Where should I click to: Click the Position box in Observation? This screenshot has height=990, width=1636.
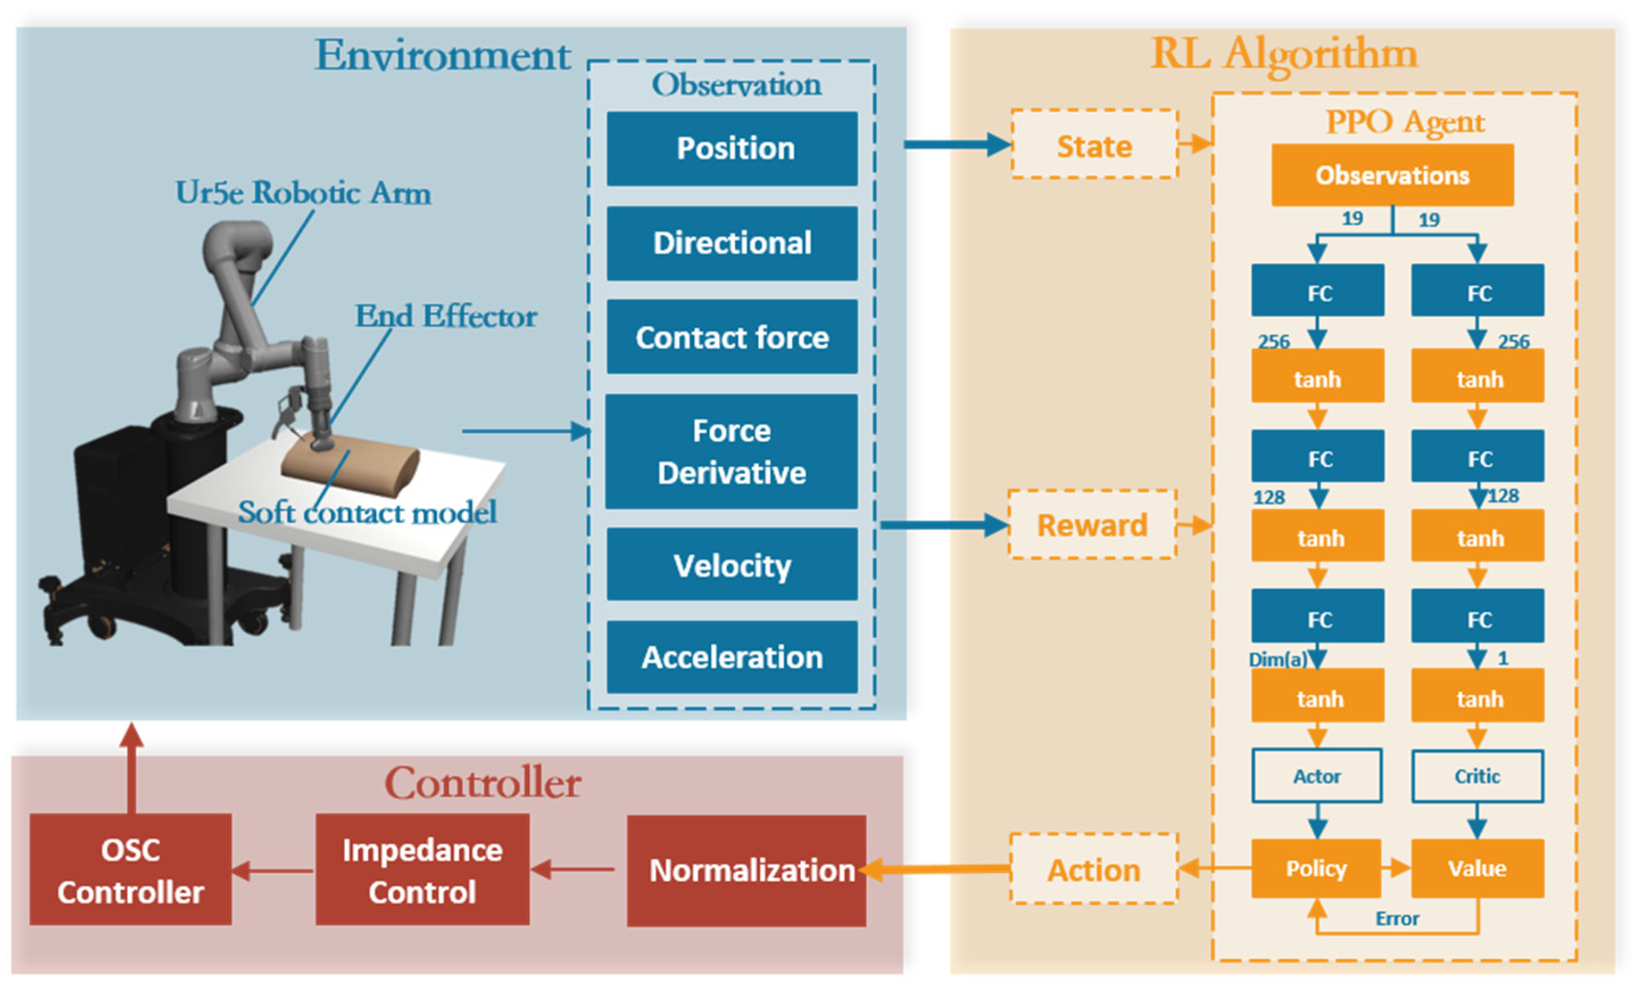[732, 148]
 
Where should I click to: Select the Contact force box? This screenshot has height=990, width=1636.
[732, 337]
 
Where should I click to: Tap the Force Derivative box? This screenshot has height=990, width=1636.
[732, 452]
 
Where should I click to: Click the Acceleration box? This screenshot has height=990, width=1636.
[732, 657]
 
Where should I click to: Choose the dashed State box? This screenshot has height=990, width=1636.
[1094, 145]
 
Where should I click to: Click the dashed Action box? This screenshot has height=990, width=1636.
[1094, 869]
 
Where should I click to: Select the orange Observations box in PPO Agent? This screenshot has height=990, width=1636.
[1392, 175]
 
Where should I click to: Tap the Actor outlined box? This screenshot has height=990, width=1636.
[1317, 776]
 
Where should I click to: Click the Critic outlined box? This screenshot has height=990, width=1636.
[1477, 776]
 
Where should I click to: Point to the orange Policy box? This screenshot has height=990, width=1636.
[1316, 868]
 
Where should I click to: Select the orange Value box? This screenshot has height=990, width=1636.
[1477, 868]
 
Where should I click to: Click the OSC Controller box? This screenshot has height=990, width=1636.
[130, 870]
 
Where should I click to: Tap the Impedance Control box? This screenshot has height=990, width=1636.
[422, 870]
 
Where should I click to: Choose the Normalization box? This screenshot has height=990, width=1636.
[746, 871]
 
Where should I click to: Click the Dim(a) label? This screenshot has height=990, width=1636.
[1277, 660]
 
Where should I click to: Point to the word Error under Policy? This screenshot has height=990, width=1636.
[1397, 918]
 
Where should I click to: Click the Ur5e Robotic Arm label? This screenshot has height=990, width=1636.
[303, 193]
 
